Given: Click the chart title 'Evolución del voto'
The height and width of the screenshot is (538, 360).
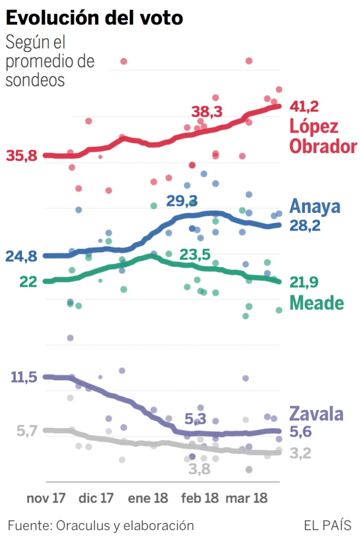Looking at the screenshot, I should coord(94,18).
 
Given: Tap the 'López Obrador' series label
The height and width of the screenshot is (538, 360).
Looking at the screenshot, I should coord(323,136).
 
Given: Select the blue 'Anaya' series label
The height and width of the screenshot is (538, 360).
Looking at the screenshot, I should coord(315,206).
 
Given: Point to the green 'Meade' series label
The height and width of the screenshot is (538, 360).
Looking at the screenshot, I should coord(317,302).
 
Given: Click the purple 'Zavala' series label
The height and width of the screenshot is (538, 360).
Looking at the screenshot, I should coord(316,414).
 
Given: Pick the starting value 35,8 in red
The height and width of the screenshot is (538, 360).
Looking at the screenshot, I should coord(22,156).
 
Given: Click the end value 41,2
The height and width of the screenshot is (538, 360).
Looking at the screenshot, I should coord(304,106).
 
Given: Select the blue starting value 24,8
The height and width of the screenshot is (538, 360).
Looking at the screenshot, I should coord(22,257).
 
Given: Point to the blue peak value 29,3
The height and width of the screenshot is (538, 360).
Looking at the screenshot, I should coord(182,201).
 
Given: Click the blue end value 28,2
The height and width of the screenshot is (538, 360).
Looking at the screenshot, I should coord(304,225).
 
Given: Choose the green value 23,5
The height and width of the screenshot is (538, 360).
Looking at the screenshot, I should coord(194,254).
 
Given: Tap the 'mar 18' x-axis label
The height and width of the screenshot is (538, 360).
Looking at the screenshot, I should coord(247,498).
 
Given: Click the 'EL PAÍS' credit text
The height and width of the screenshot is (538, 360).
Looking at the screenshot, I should coord(327,525).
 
